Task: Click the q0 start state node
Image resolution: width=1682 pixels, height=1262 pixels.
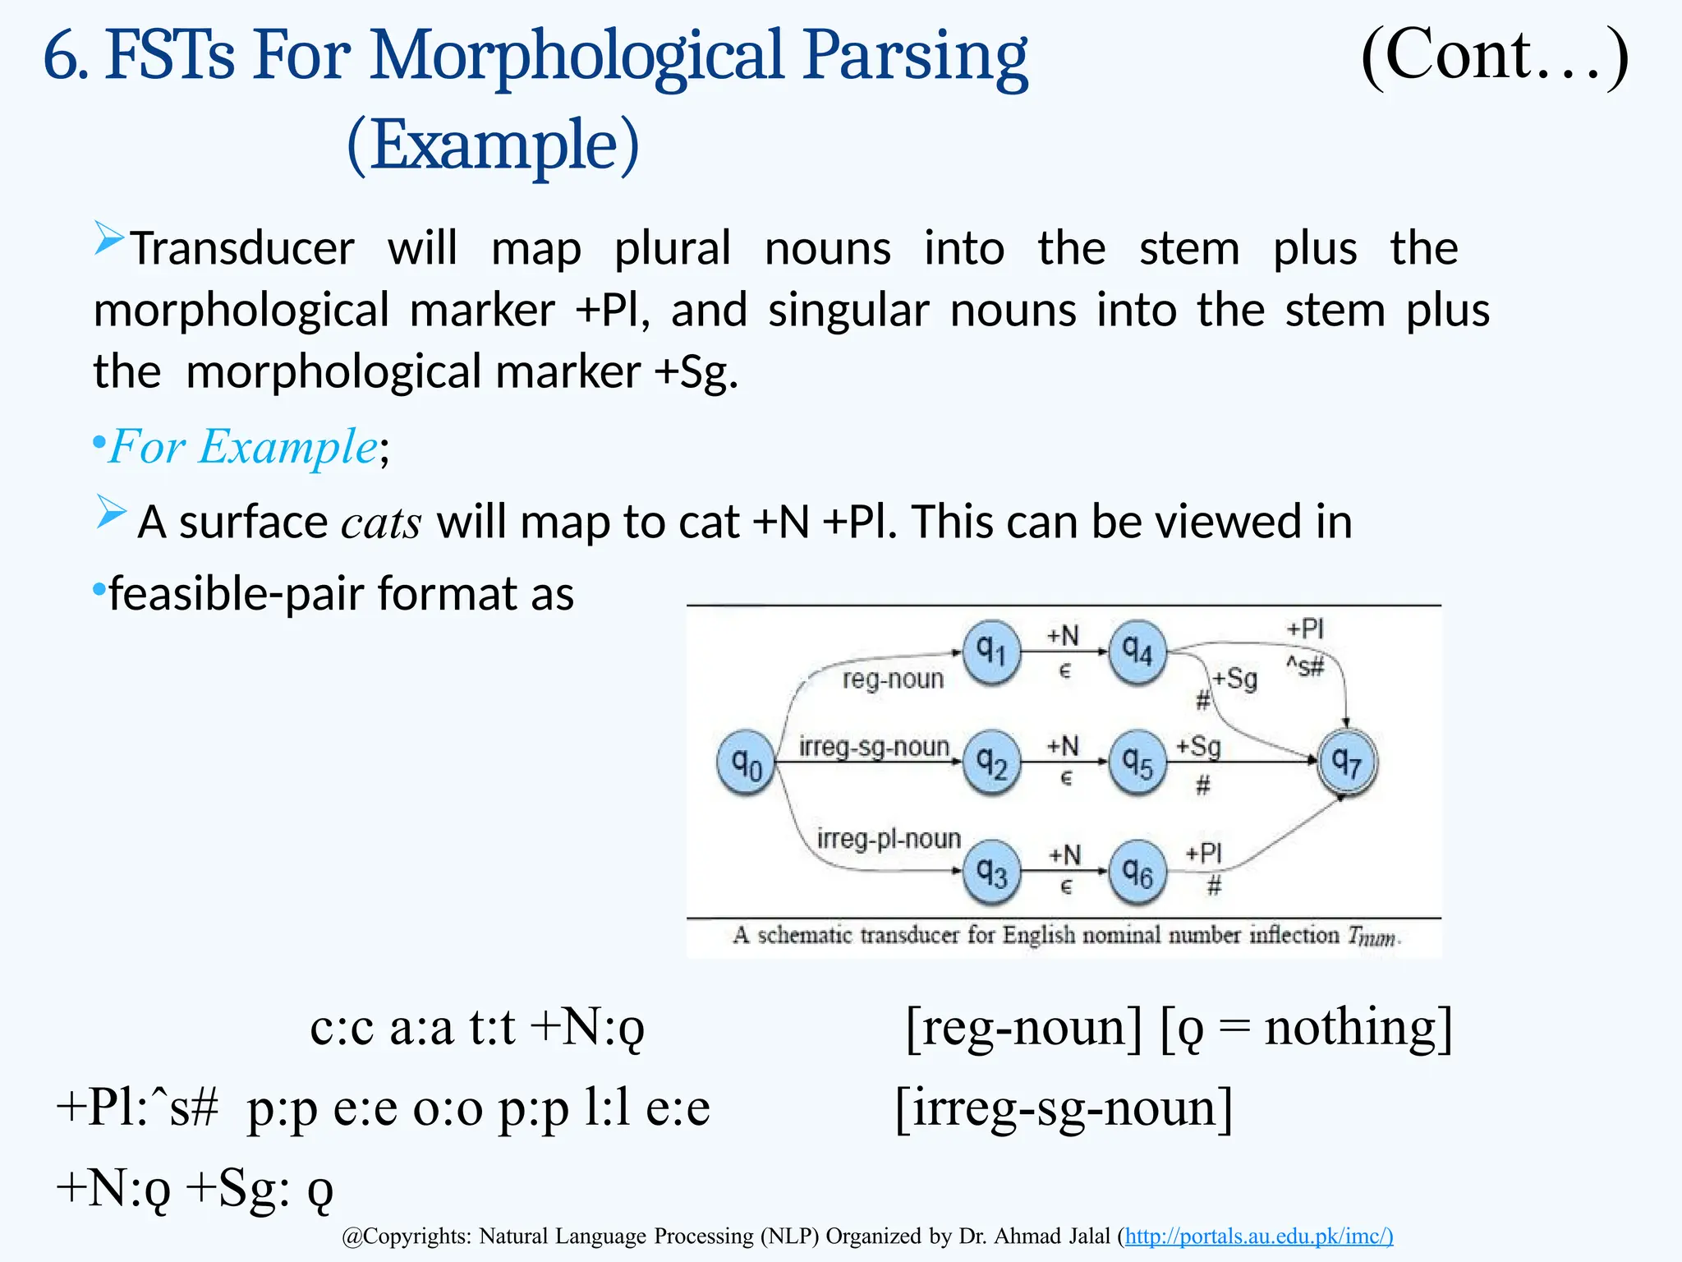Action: pos(746,764)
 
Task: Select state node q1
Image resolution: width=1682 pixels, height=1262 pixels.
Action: pos(991,652)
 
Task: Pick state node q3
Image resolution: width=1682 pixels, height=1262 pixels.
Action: pos(991,872)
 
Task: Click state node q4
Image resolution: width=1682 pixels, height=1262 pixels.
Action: pos(1137,652)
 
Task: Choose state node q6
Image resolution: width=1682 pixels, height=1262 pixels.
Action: pos(1137,872)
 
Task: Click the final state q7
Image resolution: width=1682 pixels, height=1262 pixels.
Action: pos(1347,762)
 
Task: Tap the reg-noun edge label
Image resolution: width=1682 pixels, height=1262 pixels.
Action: pos(894,679)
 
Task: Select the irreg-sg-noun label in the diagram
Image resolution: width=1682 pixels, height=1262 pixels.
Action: pos(874,747)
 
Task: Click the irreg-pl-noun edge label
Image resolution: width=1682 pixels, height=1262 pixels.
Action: pos(889,838)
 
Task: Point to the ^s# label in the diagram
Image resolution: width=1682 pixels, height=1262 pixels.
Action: pos(1305,666)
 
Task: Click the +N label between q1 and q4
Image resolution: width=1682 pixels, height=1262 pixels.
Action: pos(1063,636)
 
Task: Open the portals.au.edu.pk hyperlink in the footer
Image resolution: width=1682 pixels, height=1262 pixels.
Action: pos(1258,1236)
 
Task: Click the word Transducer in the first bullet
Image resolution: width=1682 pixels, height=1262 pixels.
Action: pos(243,248)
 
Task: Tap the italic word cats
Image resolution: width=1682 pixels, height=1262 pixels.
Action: pos(382,523)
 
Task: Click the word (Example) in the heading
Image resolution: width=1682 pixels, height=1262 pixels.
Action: pos(493,145)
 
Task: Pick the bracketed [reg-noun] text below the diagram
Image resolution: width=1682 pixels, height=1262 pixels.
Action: pos(1023,1027)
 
